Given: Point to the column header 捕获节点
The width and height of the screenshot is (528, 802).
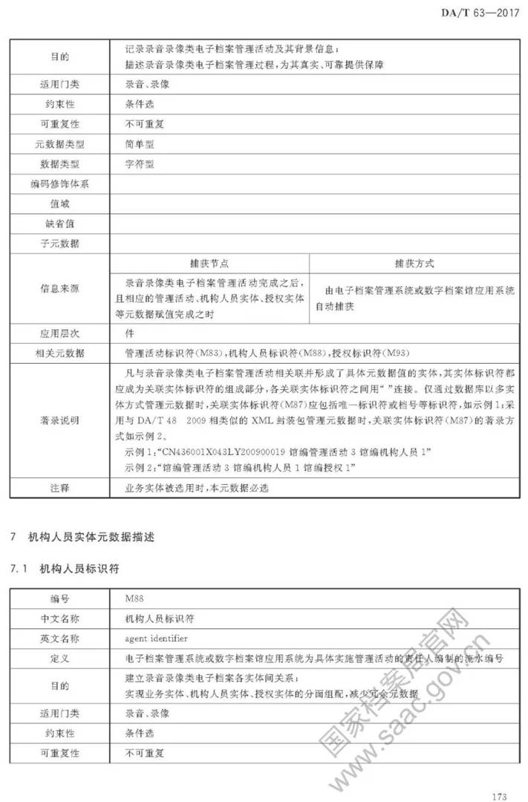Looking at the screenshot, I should click(x=209, y=264).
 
